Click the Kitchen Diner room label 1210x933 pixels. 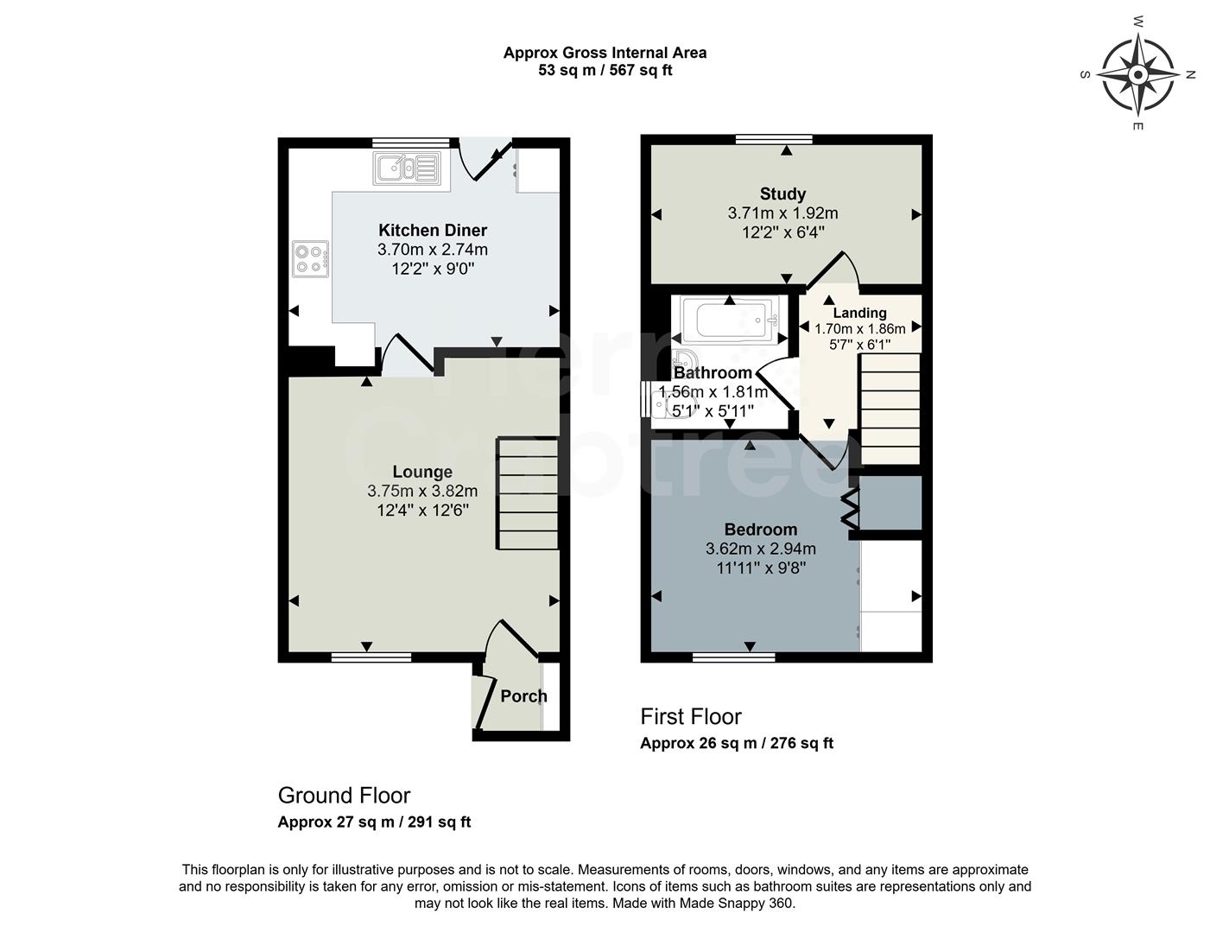pyautogui.click(x=433, y=231)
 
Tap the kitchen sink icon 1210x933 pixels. pyautogui.click(x=407, y=168)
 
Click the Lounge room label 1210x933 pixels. pyautogui.click(x=422, y=472)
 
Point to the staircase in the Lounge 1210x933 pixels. pyautogui.click(x=527, y=493)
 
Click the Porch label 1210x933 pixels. pyautogui.click(x=523, y=696)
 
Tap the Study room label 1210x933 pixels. pyautogui.click(x=782, y=194)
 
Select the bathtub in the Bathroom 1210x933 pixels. pyautogui.click(x=730, y=320)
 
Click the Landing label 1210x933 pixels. pyautogui.click(x=859, y=313)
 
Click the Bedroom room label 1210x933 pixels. pyautogui.click(x=760, y=530)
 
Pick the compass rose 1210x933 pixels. pyautogui.click(x=1137, y=75)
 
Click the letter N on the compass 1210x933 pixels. pyautogui.click(x=1189, y=75)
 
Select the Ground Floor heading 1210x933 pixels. pyautogui.click(x=344, y=796)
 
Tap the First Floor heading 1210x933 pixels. pyautogui.click(x=690, y=717)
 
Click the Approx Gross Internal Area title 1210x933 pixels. pyautogui.click(x=605, y=53)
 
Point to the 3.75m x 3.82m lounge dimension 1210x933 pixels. pyautogui.click(x=422, y=491)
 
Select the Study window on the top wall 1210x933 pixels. pyautogui.click(x=774, y=139)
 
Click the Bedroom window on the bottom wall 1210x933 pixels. pyautogui.click(x=733, y=657)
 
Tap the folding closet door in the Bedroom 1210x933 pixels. pyautogui.click(x=851, y=510)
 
